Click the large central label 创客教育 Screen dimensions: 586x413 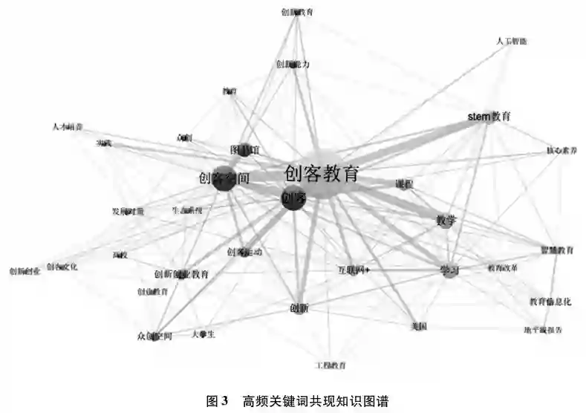[322, 175]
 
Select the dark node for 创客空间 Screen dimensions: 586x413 [224, 179]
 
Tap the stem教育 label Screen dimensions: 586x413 [489, 117]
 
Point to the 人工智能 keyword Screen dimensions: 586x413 [512, 42]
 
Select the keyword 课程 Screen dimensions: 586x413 [404, 183]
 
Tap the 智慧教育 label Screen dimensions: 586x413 [556, 250]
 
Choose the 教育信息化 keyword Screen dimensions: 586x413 [550, 302]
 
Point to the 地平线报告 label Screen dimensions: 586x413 [543, 329]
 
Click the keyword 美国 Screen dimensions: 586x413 [418, 326]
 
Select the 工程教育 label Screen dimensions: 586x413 [331, 365]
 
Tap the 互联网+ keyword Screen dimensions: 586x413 [354, 269]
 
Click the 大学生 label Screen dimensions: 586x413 [203, 334]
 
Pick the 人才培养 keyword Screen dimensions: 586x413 [68, 126]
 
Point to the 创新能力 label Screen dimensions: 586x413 [293, 65]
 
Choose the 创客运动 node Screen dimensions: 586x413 [244, 252]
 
